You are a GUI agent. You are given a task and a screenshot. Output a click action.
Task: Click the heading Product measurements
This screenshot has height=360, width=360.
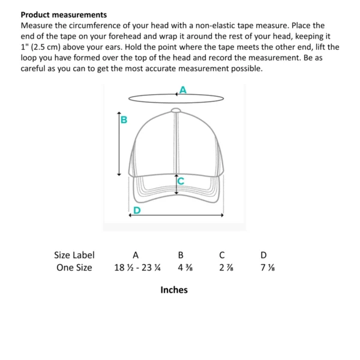[x=64, y=14]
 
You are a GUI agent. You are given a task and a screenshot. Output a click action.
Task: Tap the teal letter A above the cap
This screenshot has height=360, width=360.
[x=183, y=89]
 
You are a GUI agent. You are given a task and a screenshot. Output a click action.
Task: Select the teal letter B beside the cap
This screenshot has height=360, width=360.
[x=124, y=120]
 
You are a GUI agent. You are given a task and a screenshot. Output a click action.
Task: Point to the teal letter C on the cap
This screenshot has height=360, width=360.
[x=180, y=179]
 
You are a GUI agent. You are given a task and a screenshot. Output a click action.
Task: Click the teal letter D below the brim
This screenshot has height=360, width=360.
[x=137, y=209]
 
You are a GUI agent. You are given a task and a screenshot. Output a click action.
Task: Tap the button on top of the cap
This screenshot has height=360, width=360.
[x=175, y=110]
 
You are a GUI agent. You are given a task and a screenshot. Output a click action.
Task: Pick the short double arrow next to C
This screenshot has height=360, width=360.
[x=175, y=184]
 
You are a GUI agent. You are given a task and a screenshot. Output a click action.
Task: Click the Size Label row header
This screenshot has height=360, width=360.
[x=74, y=255]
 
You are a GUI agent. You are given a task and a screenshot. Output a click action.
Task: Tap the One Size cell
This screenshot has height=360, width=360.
[x=74, y=268]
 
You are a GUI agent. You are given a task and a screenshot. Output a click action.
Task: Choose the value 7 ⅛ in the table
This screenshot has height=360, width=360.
[x=264, y=268]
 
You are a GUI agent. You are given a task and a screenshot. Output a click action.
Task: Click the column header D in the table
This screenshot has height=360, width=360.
[x=263, y=255]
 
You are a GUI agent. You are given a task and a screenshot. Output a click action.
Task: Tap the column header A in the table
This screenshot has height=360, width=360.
[x=136, y=255]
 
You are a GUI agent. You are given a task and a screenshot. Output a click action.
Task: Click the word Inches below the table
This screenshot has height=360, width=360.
[x=174, y=290]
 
